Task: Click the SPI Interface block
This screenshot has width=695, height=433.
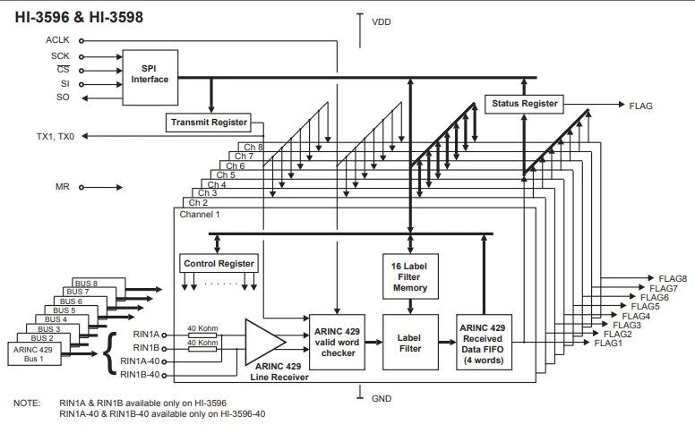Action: point(150,78)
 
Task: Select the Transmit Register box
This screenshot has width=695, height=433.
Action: point(209,123)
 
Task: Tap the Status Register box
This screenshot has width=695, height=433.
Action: point(524,104)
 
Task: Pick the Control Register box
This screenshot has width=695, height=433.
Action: point(219,263)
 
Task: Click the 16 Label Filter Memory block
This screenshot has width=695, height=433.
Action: point(410,276)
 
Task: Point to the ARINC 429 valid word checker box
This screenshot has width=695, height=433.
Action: point(337,343)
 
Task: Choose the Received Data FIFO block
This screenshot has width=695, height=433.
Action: point(484,343)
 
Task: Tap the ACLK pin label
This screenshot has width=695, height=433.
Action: point(57,40)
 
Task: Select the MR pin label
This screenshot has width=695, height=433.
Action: point(63,187)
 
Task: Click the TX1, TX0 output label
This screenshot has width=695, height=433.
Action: point(56,136)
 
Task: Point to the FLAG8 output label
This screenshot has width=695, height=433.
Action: point(673,278)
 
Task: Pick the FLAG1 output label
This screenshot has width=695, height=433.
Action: point(608,344)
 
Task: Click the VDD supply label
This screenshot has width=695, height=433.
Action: point(382,22)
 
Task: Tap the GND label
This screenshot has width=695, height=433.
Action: point(382,398)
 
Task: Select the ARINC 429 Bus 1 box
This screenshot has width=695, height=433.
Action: point(34,353)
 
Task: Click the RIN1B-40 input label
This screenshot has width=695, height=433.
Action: point(140,375)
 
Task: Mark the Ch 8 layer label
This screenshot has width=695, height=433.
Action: point(253,147)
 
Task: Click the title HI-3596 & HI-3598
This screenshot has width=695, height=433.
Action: point(79,17)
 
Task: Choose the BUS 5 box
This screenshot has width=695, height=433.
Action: point(64,310)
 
